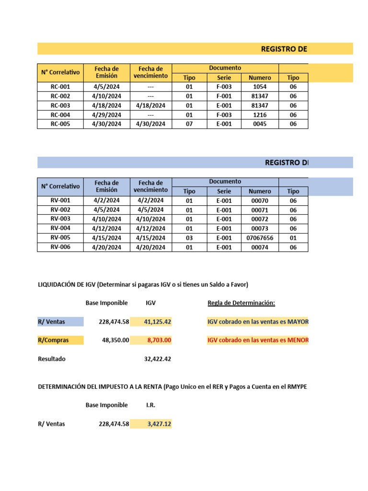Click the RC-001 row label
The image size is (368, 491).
pos(60,87)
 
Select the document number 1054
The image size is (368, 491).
pos(260,87)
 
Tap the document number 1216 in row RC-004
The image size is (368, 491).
pos(260,115)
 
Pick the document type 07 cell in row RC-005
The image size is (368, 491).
pos(189,124)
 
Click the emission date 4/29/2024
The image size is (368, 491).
pos(106,115)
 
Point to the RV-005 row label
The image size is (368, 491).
pos(60,238)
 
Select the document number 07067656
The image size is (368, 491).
pos(260,238)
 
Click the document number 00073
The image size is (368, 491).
pos(260,228)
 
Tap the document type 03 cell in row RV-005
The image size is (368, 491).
pos(189,238)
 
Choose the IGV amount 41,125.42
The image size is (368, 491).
pos(157,322)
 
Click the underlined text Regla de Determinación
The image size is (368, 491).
pos(241,303)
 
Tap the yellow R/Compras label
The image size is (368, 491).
pos(53,340)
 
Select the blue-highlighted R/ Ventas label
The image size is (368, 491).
pos(52,322)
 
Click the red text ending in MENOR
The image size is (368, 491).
pos(258,340)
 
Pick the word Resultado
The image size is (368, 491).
pos(51,359)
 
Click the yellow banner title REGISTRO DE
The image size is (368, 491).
pos(283,49)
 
